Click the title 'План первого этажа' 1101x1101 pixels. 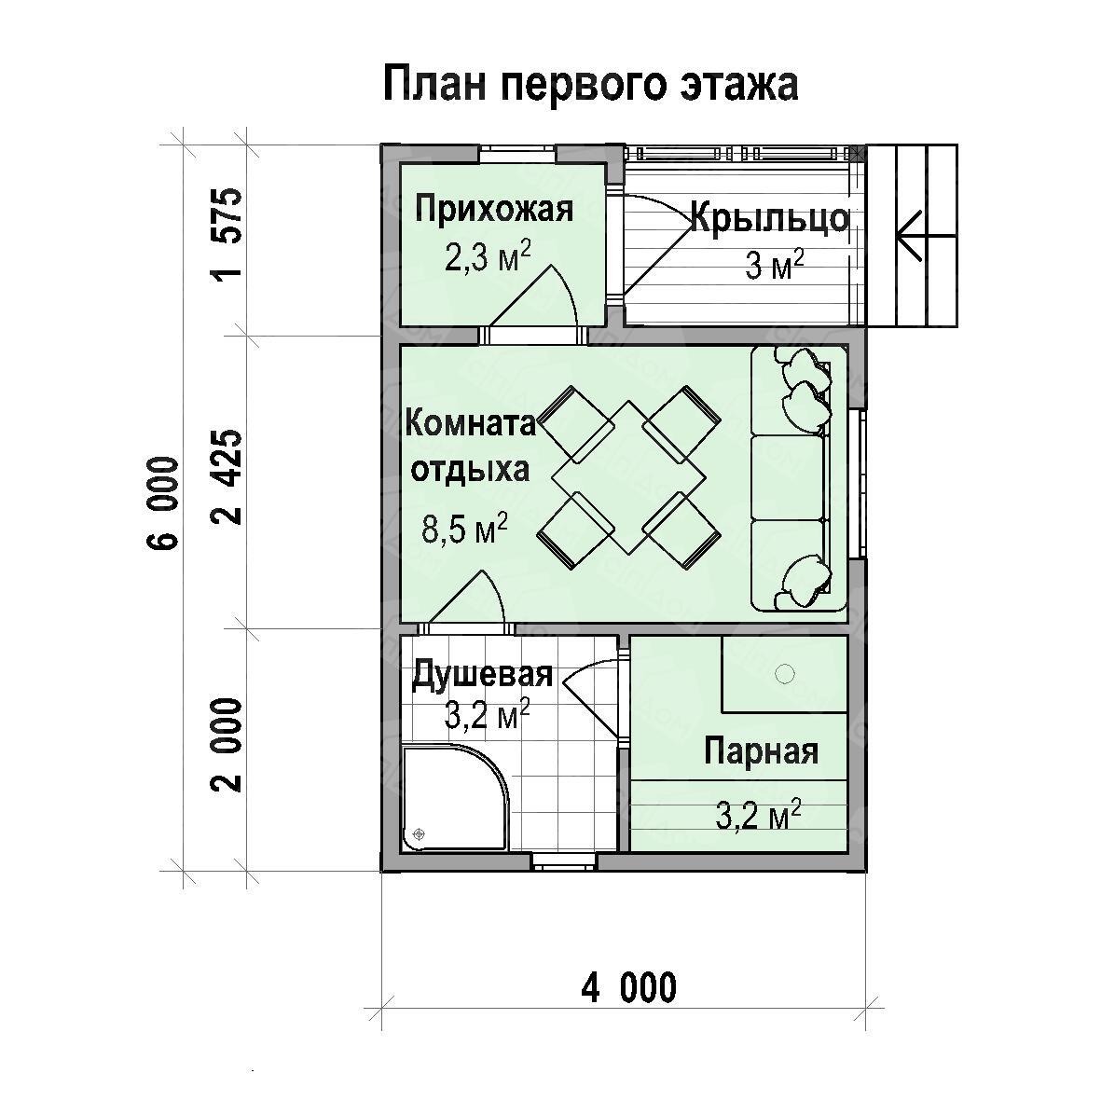click(x=590, y=85)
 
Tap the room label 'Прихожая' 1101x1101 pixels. click(x=494, y=209)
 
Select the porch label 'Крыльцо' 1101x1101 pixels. click(x=770, y=218)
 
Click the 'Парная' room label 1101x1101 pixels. click(x=761, y=751)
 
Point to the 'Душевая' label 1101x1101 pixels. click(x=482, y=674)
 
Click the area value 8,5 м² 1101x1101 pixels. click(x=465, y=528)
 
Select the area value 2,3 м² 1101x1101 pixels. click(x=488, y=256)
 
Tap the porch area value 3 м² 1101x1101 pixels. click(x=775, y=266)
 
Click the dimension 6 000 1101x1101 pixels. click(x=163, y=502)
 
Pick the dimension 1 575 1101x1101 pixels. click(x=229, y=233)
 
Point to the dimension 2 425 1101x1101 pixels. click(x=229, y=477)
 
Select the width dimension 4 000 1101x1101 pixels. click(x=629, y=988)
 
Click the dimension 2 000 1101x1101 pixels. click(x=229, y=745)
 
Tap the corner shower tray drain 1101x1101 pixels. click(x=420, y=833)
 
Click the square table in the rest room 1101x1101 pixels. click(x=628, y=477)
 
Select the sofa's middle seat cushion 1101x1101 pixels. click(x=787, y=477)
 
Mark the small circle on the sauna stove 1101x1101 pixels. click(x=784, y=674)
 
